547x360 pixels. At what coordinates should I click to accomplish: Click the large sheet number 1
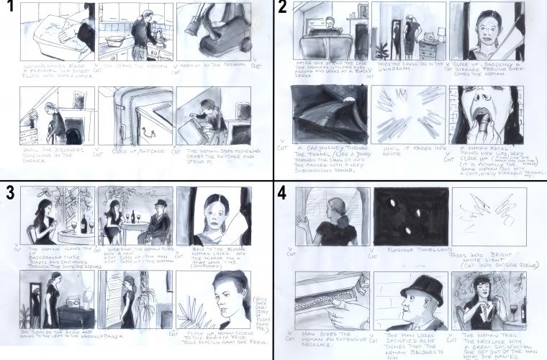tap(9, 9)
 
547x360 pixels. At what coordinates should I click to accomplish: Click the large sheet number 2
tap(283, 9)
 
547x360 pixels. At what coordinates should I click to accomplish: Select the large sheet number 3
tap(9, 194)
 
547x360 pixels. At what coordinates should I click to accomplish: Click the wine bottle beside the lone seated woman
tap(83, 223)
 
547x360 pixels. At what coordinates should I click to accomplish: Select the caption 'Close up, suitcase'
tap(132, 151)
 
